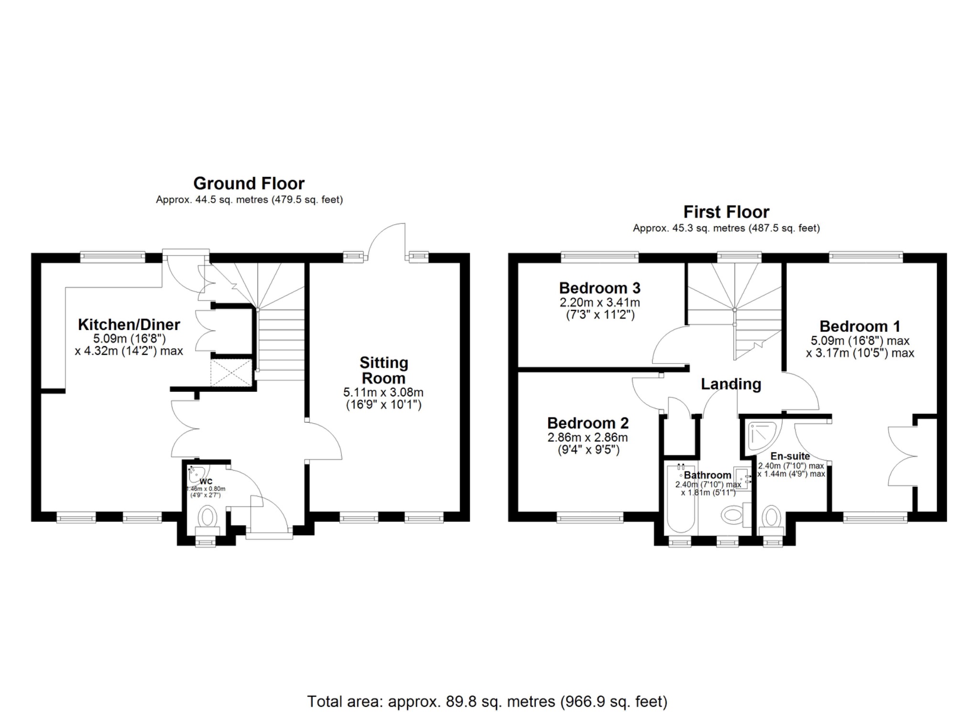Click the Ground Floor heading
pos(249,184)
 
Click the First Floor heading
pos(726,212)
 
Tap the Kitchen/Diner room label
pos(129,325)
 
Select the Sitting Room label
pos(384,370)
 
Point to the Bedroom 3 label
pos(599,288)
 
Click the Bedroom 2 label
pos(587,423)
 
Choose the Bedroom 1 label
pos(859,327)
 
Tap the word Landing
pos(730,384)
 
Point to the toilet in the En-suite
pos(771,518)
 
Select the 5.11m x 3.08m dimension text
pos(383,393)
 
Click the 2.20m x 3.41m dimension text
pos(599,303)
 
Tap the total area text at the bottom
pos(487,701)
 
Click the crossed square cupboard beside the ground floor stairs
pos(231,373)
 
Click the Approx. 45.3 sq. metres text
pos(726,228)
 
